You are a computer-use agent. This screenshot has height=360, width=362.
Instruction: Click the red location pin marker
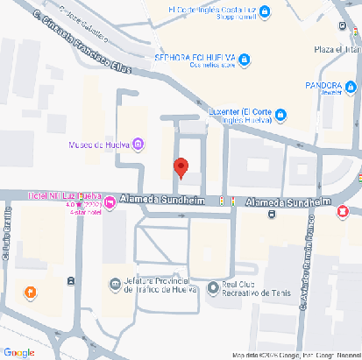coord(181,166)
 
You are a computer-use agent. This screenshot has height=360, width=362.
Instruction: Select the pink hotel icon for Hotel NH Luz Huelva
coord(110,204)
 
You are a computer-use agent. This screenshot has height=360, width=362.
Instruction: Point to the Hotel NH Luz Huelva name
coord(64,194)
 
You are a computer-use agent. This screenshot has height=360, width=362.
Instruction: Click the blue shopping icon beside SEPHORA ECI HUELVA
coord(245,59)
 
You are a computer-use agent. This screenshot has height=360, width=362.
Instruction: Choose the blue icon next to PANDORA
coord(351,88)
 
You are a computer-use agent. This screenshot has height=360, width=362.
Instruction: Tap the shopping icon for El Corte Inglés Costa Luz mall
coord(264,11)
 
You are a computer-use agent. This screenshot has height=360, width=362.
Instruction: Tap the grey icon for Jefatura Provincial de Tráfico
coord(115,284)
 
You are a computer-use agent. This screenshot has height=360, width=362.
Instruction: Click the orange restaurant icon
coord(31,292)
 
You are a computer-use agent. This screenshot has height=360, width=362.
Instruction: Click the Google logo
coord(19,351)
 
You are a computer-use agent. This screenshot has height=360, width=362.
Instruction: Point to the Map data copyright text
coord(295,355)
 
